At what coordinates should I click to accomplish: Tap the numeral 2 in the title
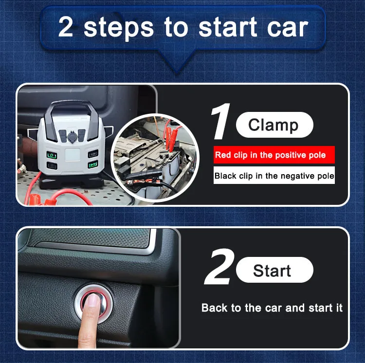[66, 27]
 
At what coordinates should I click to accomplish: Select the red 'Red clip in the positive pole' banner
[274, 155]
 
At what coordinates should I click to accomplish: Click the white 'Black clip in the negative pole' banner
[274, 176]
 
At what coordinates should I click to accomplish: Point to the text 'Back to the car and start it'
[272, 308]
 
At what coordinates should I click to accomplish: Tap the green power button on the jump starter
[51, 155]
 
